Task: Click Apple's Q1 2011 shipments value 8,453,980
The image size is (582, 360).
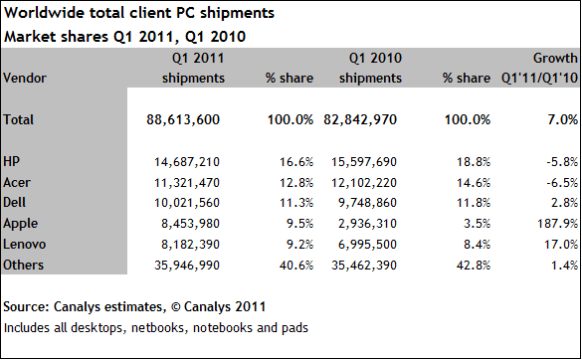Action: [190, 224]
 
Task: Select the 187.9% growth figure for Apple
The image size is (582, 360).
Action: [557, 224]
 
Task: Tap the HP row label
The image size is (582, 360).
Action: [11, 161]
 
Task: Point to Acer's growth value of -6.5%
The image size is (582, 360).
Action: [562, 183]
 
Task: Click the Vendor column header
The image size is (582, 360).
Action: [25, 78]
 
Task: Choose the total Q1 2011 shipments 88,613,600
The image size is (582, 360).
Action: [183, 119]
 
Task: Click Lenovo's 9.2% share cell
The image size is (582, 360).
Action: [299, 245]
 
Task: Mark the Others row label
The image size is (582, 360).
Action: [23, 265]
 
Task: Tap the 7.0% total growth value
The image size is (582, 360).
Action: [563, 119]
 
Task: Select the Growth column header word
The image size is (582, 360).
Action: [555, 58]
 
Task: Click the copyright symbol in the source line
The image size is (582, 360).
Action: [175, 307]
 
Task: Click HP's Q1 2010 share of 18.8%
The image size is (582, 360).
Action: [474, 162]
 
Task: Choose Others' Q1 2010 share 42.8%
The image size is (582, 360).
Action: [474, 265]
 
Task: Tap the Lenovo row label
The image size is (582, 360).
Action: [25, 245]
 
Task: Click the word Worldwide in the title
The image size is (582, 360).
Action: [44, 13]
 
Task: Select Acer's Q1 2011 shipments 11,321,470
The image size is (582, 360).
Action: [187, 183]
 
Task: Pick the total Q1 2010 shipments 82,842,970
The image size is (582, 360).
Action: [360, 119]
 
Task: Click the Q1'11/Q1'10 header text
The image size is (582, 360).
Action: [539, 78]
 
